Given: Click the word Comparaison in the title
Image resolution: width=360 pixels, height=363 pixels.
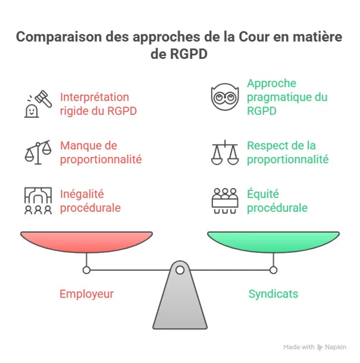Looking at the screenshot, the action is point(59,37).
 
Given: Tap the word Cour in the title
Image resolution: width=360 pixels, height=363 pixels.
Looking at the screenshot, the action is point(254,37).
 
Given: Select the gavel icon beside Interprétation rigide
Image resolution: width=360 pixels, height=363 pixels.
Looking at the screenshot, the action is point(38,104).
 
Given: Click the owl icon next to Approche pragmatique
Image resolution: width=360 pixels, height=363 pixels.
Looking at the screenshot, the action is point(225,97).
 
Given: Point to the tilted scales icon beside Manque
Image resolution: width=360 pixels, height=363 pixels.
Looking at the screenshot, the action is point(38,152).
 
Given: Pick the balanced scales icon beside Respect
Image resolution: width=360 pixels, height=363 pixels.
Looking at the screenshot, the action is point(225,152).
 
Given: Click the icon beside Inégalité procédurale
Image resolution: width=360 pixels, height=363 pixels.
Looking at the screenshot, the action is point(38,201).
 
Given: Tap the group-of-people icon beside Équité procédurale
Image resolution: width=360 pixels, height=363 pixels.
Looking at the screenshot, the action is point(225,201).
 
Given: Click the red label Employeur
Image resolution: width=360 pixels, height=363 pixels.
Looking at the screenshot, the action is point(87,294).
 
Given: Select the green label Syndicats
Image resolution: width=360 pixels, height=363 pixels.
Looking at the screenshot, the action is point(273,294).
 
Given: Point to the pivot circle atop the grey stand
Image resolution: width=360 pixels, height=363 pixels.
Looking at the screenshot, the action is point(180,270).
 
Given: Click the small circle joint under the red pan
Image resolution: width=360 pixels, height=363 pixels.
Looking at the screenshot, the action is point(87,270).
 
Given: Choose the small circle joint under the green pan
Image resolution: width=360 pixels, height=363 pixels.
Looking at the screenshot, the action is point(273,270).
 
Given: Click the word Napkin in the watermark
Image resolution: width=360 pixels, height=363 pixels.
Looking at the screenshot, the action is point(336,348).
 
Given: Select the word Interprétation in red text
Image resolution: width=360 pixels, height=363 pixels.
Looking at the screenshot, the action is point(95,97).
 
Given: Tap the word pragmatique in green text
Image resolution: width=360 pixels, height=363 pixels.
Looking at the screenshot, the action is point(281,98).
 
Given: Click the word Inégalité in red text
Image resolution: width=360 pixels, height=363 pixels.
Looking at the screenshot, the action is point(82,195).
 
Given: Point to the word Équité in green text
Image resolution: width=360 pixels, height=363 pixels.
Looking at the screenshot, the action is point(263,193).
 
